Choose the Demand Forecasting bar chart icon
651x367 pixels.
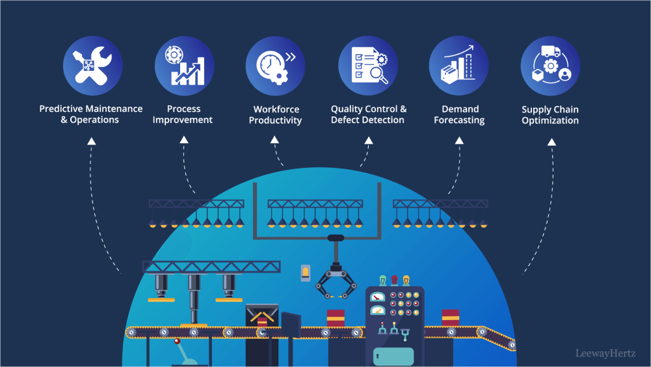tap(459, 66)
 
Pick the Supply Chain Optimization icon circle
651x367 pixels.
tap(551, 66)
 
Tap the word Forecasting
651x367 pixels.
tap(459, 120)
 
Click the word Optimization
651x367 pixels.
tap(550, 120)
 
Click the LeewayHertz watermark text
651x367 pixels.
tap(605, 354)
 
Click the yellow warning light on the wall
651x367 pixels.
tap(306, 272)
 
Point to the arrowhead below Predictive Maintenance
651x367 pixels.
tap(92, 141)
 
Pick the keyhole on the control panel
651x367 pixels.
tap(376, 356)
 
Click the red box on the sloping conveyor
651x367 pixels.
tap(450, 318)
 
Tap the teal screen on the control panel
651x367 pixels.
tap(393, 356)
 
